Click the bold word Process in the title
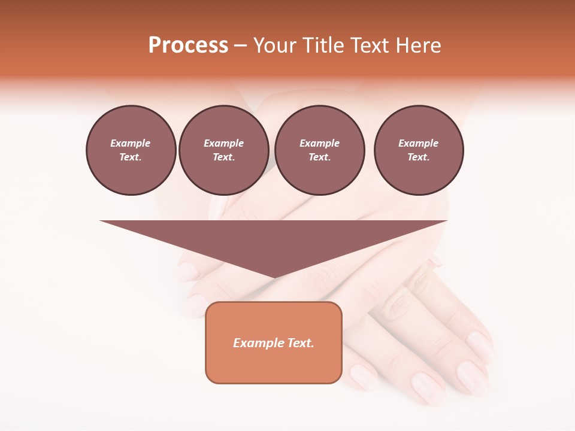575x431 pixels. pyautogui.click(x=188, y=45)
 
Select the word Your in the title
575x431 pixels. pyautogui.click(x=275, y=45)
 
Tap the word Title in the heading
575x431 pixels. pyautogui.click(x=323, y=45)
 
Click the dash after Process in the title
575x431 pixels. pyautogui.click(x=240, y=46)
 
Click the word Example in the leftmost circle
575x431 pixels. pyautogui.click(x=131, y=143)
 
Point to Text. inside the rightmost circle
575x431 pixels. pyautogui.click(x=418, y=157)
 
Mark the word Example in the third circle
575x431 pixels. pyautogui.click(x=319, y=143)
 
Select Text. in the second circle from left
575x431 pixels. pyautogui.click(x=223, y=157)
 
